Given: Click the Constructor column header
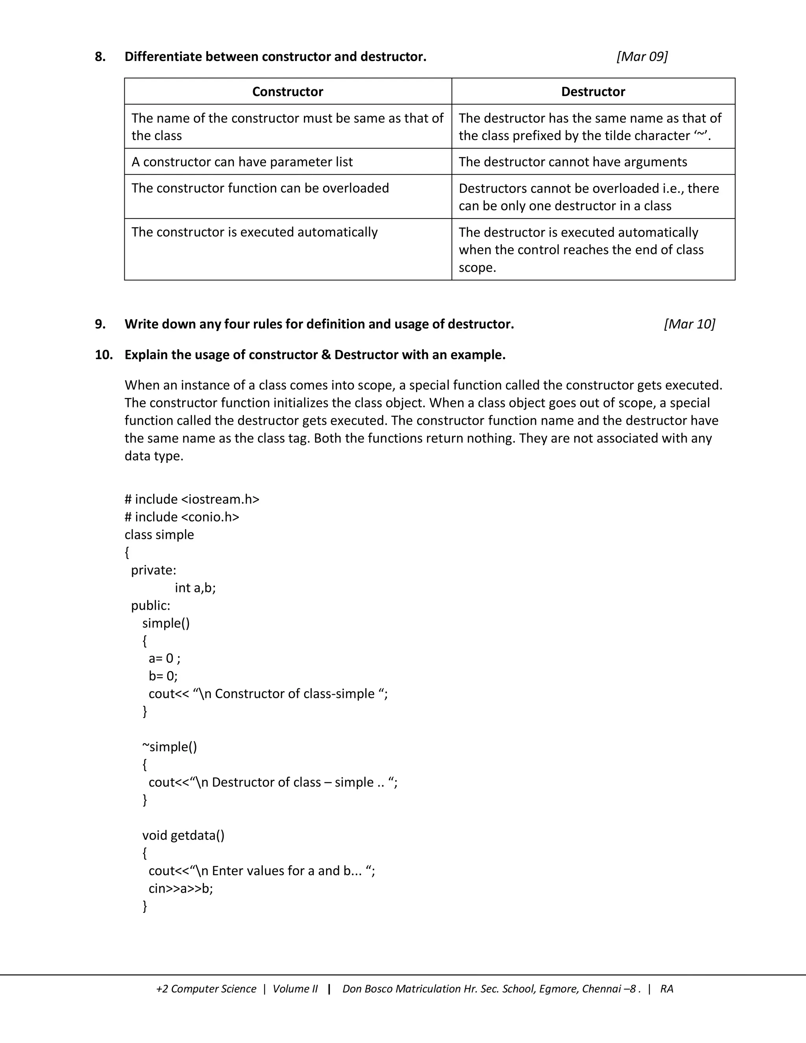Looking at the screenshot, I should pyautogui.click(x=287, y=92).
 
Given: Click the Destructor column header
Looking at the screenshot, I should pyautogui.click(x=593, y=92).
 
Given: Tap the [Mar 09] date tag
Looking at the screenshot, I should pyautogui.click(x=642, y=56).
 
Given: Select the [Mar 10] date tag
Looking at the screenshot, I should pyautogui.click(x=689, y=324).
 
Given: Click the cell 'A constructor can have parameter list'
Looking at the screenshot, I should pyautogui.click(x=242, y=162).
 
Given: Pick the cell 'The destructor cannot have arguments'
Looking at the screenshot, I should pyautogui.click(x=573, y=162).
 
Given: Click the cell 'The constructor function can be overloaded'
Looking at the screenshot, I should pyautogui.click(x=260, y=188).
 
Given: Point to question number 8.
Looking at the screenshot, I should pyautogui.click(x=100, y=57).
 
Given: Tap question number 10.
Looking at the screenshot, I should pyautogui.click(x=104, y=355).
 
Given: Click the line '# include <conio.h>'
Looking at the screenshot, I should pyautogui.click(x=182, y=517).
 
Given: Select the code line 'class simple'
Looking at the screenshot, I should pyautogui.click(x=159, y=534).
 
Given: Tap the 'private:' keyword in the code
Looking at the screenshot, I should pyautogui.click(x=154, y=570).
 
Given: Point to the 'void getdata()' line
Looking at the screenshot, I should pyautogui.click(x=183, y=835).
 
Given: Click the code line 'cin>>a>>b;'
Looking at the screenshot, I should pyautogui.click(x=181, y=888).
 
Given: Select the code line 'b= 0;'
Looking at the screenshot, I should pyautogui.click(x=163, y=676).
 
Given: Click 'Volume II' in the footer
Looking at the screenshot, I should pyautogui.click(x=295, y=989).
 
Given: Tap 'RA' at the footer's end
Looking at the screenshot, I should pyautogui.click(x=667, y=989).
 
